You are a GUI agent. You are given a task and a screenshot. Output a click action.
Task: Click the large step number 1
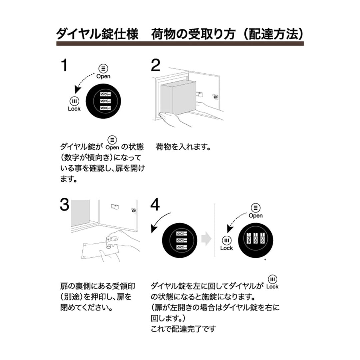click(64, 65)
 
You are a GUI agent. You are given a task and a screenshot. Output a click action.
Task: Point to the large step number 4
click(156, 205)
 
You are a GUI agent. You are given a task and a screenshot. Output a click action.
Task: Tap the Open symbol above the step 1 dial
click(103, 69)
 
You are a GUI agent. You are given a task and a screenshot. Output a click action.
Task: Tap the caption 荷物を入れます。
click(183, 147)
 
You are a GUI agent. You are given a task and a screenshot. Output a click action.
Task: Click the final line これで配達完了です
click(184, 329)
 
